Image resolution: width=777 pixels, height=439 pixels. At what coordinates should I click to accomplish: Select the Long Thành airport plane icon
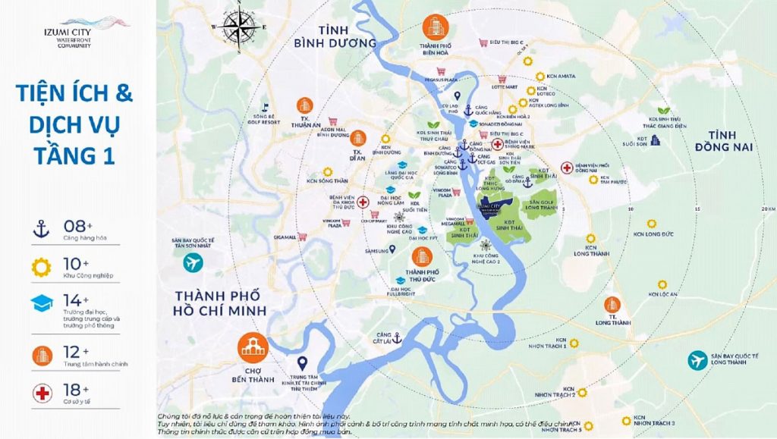click(697, 360)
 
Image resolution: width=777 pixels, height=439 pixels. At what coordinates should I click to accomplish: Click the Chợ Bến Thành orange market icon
click(253, 346)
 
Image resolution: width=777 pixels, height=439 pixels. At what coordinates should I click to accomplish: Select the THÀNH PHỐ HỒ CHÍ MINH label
click(220, 303)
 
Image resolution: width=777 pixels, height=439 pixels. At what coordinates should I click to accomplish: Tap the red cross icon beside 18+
click(40, 393)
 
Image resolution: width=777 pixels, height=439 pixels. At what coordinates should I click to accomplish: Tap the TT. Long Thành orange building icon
click(612, 305)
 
